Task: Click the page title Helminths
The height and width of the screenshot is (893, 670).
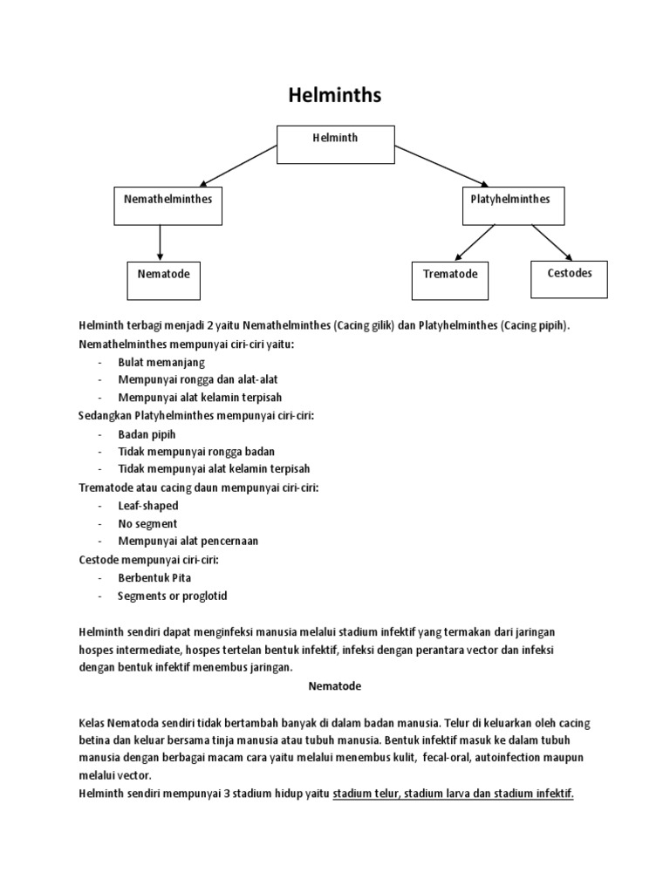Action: coord(334,95)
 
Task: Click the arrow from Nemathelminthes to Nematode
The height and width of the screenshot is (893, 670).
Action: coord(161,243)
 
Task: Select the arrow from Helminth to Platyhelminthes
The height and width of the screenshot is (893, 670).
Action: coord(442,166)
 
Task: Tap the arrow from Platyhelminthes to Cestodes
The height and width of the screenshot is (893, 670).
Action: coord(552,242)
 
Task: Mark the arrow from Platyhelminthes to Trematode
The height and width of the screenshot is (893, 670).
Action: coord(475,243)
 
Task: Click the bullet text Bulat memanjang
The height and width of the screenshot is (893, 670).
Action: coord(161,363)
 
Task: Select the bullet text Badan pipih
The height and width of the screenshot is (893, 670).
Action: coord(147,434)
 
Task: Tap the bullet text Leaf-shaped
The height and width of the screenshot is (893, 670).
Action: coord(148,506)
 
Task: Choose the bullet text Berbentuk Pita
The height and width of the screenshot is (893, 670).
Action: coord(154,578)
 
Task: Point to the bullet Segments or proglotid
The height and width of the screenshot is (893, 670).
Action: coord(172,596)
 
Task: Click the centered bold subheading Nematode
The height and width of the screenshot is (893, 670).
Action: coord(335,686)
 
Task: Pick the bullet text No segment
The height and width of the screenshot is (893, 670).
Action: coord(147,524)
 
